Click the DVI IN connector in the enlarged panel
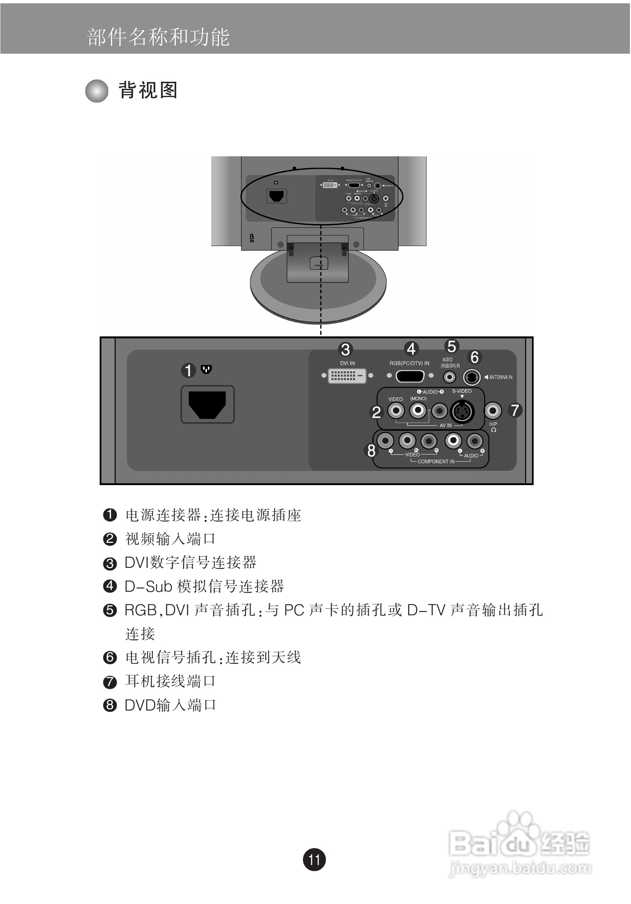point(347,376)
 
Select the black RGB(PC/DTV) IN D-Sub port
point(410,376)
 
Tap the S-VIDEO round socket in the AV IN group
point(462,412)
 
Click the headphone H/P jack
point(492,411)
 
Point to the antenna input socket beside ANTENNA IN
point(471,377)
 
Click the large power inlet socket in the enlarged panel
point(208,404)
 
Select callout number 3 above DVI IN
point(345,350)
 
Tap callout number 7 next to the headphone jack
point(514,410)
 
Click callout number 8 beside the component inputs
point(371,451)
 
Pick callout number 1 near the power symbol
point(188,370)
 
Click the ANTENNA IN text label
point(500,377)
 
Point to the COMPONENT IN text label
point(436,462)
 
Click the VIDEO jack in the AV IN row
point(396,411)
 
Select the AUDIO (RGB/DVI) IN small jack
point(449,377)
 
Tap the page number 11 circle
point(314,859)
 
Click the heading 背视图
point(148,90)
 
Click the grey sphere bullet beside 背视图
point(97,91)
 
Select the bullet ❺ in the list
point(110,610)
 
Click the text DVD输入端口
point(170,705)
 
